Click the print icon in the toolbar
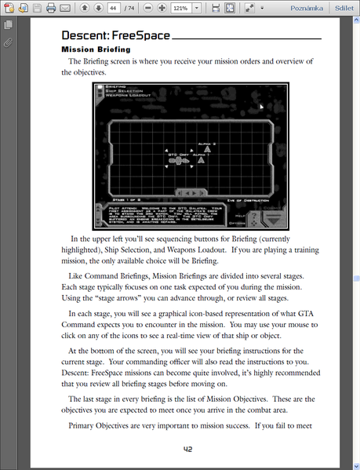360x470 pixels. click(x=50, y=9)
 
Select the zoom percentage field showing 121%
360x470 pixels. click(x=181, y=9)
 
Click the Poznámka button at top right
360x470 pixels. click(x=305, y=9)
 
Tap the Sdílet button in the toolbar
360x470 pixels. click(x=344, y=9)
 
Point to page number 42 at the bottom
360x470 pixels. click(x=188, y=450)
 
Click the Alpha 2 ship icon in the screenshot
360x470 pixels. click(x=207, y=150)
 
